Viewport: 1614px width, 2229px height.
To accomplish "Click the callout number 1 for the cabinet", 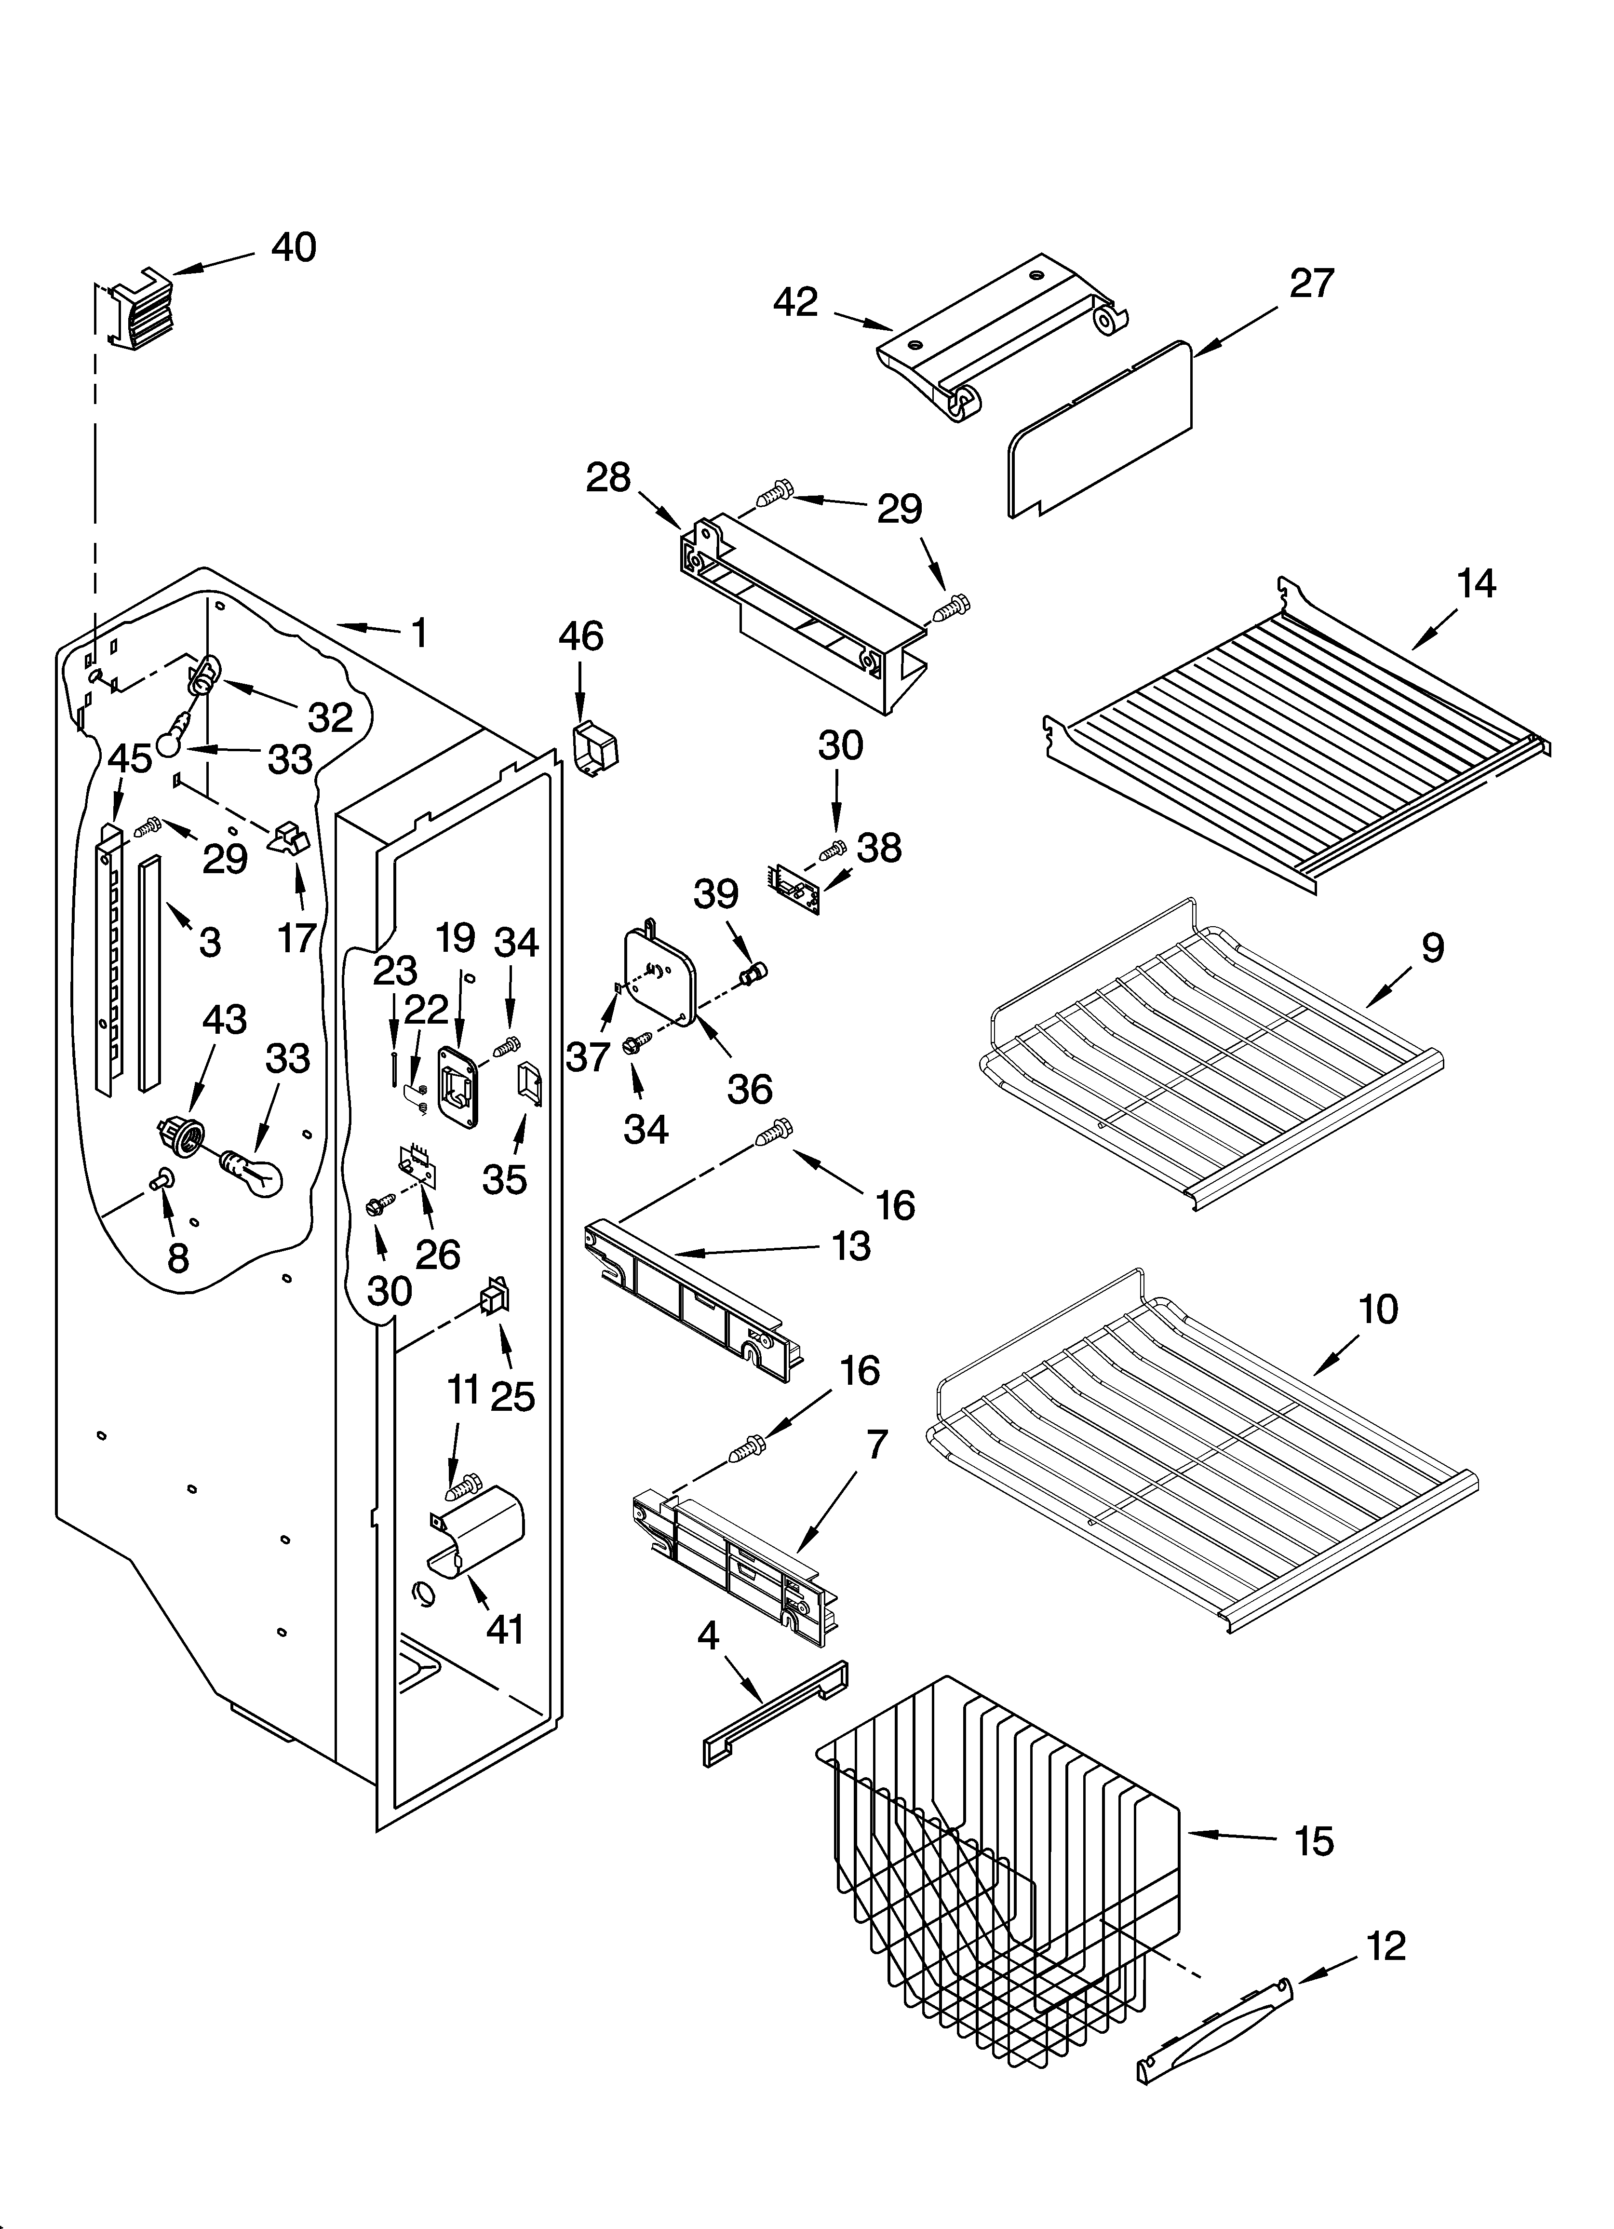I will click(419, 634).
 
